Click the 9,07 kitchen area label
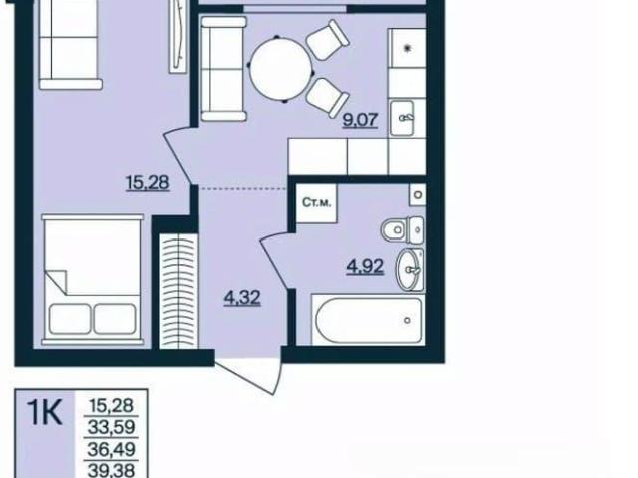(x=361, y=120)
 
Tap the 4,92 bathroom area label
(x=365, y=267)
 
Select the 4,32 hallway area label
(x=242, y=298)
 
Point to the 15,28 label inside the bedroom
(x=148, y=182)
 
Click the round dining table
(x=280, y=69)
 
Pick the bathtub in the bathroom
(x=368, y=320)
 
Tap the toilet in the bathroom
(x=403, y=230)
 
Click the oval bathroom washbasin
(x=410, y=269)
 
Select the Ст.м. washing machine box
(x=316, y=203)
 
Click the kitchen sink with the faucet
(x=402, y=118)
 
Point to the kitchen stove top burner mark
(x=408, y=48)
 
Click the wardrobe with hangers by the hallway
(x=178, y=291)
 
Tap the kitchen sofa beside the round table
(x=223, y=69)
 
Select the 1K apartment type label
(x=44, y=412)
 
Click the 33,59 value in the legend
(x=111, y=427)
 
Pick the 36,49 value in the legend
(x=111, y=449)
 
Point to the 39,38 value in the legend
(x=111, y=471)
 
